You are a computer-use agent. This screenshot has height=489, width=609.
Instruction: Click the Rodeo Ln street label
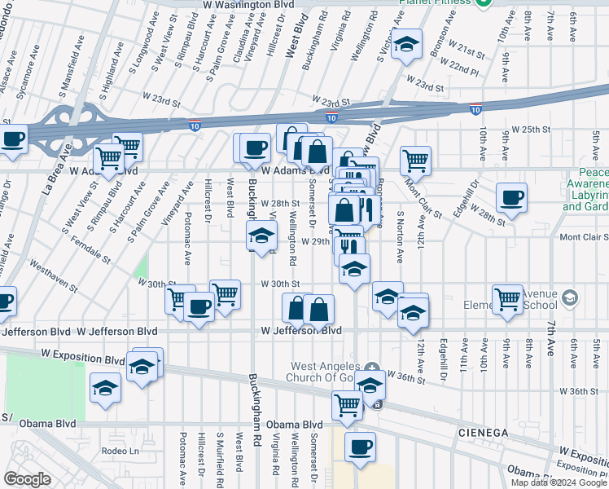click(124, 452)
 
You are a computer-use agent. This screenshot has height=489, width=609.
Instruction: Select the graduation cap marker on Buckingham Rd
click(261, 237)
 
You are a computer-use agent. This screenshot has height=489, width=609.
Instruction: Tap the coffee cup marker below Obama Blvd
click(360, 447)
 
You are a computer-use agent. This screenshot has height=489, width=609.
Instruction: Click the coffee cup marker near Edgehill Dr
click(512, 196)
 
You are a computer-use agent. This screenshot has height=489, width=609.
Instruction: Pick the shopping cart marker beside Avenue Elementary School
click(508, 298)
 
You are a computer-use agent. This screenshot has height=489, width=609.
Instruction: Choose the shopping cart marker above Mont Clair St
click(415, 159)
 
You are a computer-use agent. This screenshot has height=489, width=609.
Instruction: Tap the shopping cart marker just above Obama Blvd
click(348, 403)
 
